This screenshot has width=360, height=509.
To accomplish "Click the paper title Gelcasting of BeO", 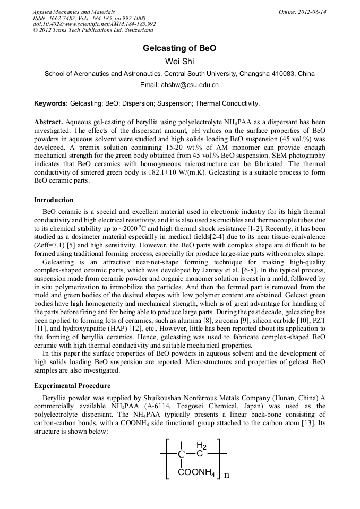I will pyautogui.click(x=179, y=48).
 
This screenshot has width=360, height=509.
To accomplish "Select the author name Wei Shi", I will pyautogui.click(x=179, y=62).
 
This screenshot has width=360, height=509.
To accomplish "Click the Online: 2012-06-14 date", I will pyautogui.click(x=303, y=12).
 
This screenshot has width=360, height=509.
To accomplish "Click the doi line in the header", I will pyautogui.click(x=94, y=24).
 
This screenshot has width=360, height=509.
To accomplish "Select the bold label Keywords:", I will pyautogui.click(x=51, y=103).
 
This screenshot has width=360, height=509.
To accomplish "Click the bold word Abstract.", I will pyautogui.click(x=48, y=122).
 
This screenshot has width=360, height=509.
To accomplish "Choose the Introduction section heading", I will pyautogui.click(x=54, y=200).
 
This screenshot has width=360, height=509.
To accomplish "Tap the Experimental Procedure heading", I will pyautogui.click(x=72, y=385).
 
